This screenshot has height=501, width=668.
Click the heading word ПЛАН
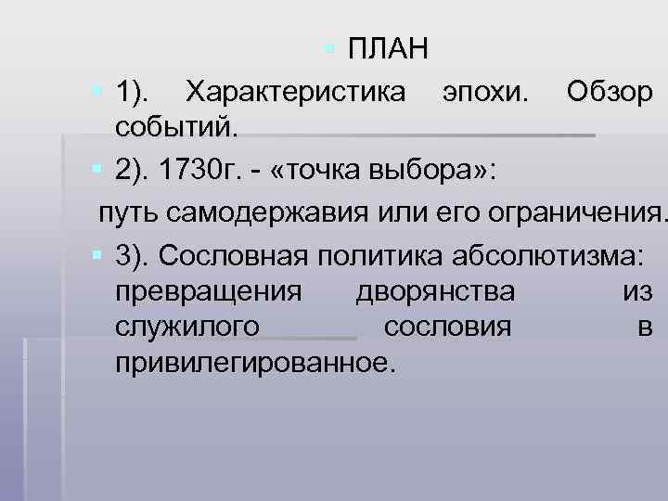point(388,47)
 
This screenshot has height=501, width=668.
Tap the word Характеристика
point(295,92)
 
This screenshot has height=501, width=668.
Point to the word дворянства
point(435,290)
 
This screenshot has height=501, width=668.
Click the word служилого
point(188,326)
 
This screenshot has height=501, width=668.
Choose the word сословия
point(446,326)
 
